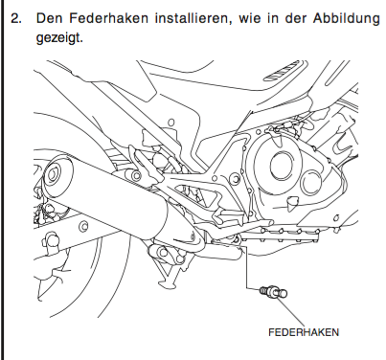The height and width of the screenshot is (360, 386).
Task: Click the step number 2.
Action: click(x=16, y=18)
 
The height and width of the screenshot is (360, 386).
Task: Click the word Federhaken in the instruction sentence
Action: click(x=108, y=18)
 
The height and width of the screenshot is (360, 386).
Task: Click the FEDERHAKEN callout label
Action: click(x=304, y=332)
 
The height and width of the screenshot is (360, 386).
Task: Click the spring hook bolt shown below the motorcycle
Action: click(x=273, y=292)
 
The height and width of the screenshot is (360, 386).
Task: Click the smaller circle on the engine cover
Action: click(x=311, y=183)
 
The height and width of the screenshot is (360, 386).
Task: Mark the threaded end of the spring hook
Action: click(x=263, y=290)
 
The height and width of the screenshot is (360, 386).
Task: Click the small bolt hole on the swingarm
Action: click(x=83, y=226)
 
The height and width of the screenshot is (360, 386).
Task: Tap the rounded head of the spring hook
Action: click(x=282, y=293)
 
